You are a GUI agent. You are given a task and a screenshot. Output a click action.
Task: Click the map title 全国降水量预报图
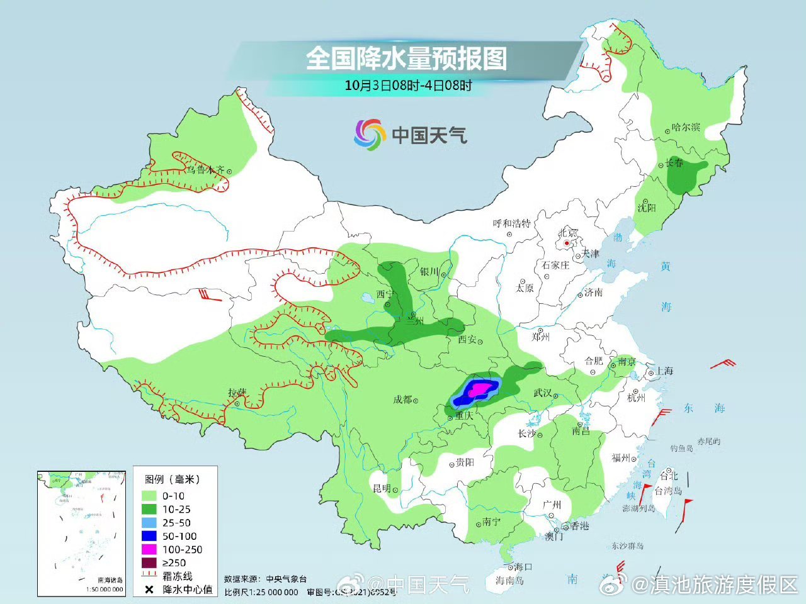(x=406, y=59)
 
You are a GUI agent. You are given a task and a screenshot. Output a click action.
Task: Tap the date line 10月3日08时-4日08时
(x=408, y=85)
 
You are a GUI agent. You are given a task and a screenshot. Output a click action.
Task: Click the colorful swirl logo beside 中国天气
(x=369, y=135)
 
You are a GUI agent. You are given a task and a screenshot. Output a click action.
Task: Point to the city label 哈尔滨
(x=686, y=127)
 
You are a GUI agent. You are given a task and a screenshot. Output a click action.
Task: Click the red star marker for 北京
(x=567, y=243)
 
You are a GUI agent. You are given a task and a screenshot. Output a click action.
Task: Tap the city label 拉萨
(x=237, y=393)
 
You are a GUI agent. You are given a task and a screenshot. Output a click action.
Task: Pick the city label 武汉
(x=542, y=393)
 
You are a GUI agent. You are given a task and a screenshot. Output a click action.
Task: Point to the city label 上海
(x=664, y=371)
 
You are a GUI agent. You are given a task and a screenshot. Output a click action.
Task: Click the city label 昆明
(x=382, y=488)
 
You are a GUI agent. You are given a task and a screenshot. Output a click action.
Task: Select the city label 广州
(x=552, y=505)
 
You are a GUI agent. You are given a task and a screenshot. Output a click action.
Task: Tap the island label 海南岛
(x=509, y=580)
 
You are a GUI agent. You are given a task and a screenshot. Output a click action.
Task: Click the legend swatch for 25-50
(x=149, y=523)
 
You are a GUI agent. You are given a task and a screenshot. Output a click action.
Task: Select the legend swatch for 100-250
(x=149, y=549)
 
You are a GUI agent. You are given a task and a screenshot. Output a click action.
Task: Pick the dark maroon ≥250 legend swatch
(x=149, y=562)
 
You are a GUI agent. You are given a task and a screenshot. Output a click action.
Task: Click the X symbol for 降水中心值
(x=149, y=590)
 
